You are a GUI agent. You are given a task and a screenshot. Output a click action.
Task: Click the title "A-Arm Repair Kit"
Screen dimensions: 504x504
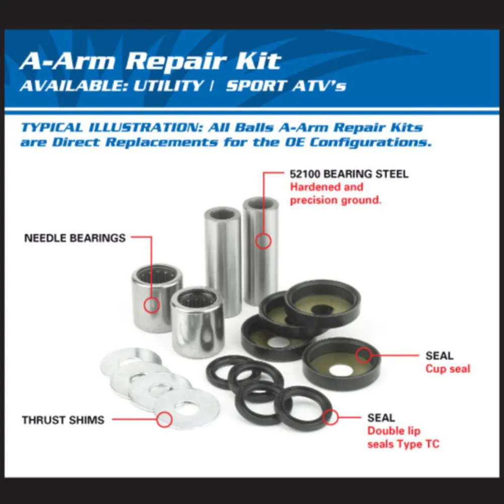tap(150, 60)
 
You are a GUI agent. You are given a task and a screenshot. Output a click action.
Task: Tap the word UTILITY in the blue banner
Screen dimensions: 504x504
tap(168, 86)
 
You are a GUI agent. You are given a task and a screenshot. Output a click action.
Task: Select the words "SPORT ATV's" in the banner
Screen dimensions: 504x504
tap(286, 86)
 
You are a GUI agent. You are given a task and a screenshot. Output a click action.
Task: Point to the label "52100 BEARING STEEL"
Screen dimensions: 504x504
tap(349, 174)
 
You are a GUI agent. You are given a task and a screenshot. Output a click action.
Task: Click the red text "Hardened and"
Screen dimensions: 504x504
tap(327, 187)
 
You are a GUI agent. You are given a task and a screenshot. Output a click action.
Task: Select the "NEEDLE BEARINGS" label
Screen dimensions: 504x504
tap(75, 238)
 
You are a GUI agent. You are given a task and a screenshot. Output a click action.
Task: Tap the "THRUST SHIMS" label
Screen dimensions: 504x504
tap(63, 420)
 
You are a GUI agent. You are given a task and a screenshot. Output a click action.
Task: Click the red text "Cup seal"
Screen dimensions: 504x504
tap(448, 369)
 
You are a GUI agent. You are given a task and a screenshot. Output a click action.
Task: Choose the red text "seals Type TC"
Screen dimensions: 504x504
tap(403, 444)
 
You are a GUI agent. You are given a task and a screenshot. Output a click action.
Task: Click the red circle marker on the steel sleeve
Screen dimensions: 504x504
tap(263, 241)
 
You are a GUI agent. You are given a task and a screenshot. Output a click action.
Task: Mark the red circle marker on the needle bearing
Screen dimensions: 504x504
tap(151, 305)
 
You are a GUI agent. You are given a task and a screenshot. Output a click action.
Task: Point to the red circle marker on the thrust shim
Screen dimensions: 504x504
tap(164, 419)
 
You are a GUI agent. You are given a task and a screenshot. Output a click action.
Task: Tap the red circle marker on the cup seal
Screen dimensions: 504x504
tap(363, 355)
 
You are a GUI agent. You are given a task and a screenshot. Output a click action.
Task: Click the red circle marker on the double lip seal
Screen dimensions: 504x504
tap(331, 417)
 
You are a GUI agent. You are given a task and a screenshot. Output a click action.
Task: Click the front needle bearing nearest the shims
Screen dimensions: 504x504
tap(198, 323)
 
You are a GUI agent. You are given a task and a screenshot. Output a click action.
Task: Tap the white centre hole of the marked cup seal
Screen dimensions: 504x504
tap(341, 370)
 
